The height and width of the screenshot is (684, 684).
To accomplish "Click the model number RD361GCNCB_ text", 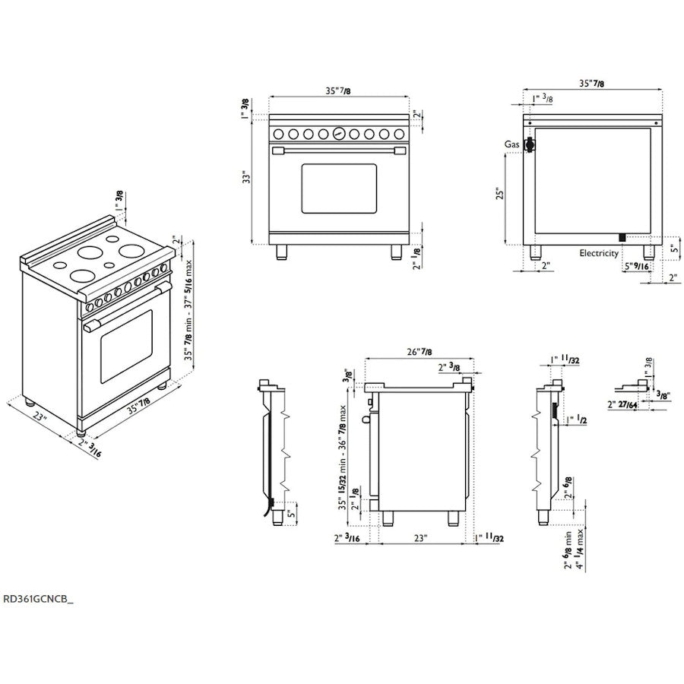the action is (39, 599).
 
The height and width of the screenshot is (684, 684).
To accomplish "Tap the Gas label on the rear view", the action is (511, 144).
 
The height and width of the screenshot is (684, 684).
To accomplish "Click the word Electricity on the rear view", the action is (599, 253).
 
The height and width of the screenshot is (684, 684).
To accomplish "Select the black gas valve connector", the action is (530, 144).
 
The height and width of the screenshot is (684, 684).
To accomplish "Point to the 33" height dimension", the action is (247, 177).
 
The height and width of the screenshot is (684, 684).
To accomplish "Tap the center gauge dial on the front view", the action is (339, 134).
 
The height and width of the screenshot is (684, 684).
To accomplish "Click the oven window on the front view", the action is (339, 188).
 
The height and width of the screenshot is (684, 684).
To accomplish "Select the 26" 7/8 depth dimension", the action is (420, 352).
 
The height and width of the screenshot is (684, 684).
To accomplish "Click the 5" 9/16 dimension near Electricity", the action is (636, 266).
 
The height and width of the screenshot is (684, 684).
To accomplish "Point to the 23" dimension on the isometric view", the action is (40, 416).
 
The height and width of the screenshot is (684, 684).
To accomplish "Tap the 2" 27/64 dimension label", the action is (622, 405).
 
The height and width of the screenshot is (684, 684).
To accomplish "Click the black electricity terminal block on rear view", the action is (622, 238).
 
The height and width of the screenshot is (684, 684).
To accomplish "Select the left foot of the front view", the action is (282, 252).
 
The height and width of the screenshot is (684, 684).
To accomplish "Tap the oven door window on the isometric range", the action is (126, 347).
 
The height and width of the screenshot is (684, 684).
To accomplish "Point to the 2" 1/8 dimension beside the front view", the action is (417, 258).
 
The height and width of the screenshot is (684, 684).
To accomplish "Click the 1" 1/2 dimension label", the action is (577, 420).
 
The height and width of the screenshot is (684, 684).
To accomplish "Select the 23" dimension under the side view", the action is (420, 538).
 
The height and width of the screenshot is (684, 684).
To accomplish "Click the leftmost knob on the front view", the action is (279, 134).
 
